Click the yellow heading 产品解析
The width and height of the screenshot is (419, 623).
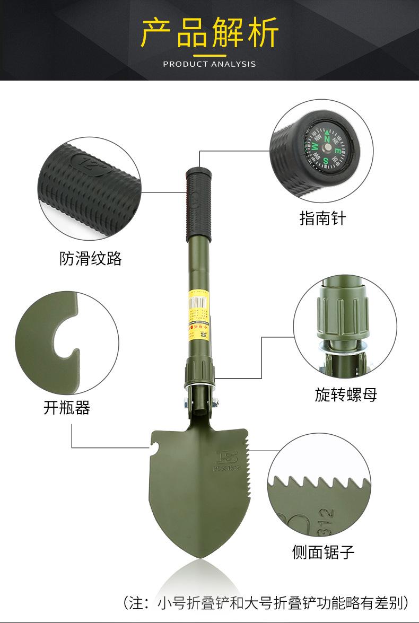(x=210, y=33)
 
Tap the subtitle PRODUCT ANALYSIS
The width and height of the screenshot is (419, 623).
(x=210, y=64)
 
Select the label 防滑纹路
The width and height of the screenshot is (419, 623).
(x=91, y=258)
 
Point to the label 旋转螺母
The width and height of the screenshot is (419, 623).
(x=346, y=394)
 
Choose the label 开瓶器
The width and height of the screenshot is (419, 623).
(x=67, y=407)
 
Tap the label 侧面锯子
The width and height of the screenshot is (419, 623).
(x=323, y=552)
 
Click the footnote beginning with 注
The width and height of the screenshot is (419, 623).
(x=266, y=602)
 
